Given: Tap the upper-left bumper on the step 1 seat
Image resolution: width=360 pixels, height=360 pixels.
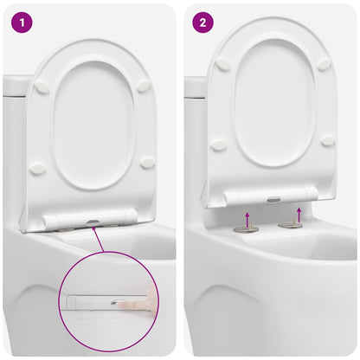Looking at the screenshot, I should click(42, 87).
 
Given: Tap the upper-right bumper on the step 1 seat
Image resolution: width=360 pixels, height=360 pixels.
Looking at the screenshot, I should click(143, 86).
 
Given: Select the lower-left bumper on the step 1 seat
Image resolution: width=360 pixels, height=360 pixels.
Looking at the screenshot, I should click(37, 169).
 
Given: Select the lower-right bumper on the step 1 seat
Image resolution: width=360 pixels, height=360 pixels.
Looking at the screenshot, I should click(147, 162).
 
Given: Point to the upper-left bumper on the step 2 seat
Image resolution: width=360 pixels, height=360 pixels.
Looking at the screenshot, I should click(223, 64).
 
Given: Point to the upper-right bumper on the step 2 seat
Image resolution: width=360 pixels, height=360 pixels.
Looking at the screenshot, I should click(324, 63).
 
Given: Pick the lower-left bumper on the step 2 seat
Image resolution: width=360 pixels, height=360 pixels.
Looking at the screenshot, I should click(220, 145).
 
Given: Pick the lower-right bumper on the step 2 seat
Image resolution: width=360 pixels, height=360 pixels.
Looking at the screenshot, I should click(327, 139).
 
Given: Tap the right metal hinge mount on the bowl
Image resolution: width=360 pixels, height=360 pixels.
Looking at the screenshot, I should click(290, 224).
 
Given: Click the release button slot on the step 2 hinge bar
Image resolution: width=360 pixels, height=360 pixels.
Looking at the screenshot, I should click(273, 199).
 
